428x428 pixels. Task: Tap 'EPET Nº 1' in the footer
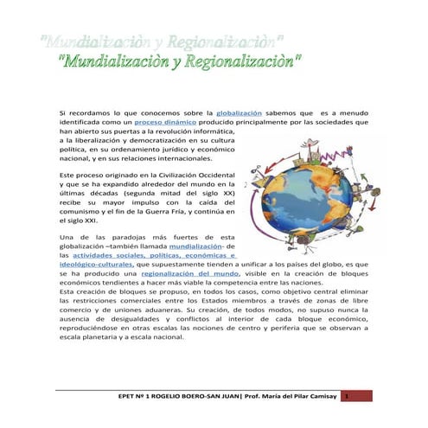click(x=142, y=396)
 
